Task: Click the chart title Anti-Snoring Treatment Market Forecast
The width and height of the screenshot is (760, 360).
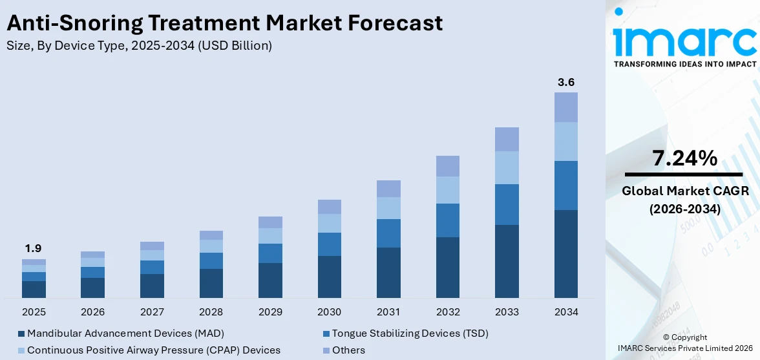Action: tap(224, 23)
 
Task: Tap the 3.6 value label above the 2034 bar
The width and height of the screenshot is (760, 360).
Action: tap(566, 82)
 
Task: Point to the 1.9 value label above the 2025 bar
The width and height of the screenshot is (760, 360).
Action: tap(34, 249)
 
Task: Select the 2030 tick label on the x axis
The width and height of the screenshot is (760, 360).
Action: tap(329, 312)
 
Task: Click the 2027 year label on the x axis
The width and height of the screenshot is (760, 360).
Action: tap(152, 312)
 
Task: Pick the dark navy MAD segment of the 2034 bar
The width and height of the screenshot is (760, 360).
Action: tap(566, 253)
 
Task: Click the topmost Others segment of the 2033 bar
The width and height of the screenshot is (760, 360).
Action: tap(507, 139)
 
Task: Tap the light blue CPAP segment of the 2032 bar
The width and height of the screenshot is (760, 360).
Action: tap(447, 190)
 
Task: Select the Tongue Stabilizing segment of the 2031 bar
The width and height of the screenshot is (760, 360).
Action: tap(388, 233)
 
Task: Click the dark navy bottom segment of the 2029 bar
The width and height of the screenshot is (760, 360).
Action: tap(270, 280)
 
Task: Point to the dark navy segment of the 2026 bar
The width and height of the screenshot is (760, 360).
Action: tap(93, 288)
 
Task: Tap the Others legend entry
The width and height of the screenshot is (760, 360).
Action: tap(348, 350)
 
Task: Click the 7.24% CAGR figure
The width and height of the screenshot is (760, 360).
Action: tap(684, 158)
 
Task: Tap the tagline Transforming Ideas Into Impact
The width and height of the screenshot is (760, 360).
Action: tap(684, 64)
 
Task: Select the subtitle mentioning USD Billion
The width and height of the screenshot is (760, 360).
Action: tap(139, 45)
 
